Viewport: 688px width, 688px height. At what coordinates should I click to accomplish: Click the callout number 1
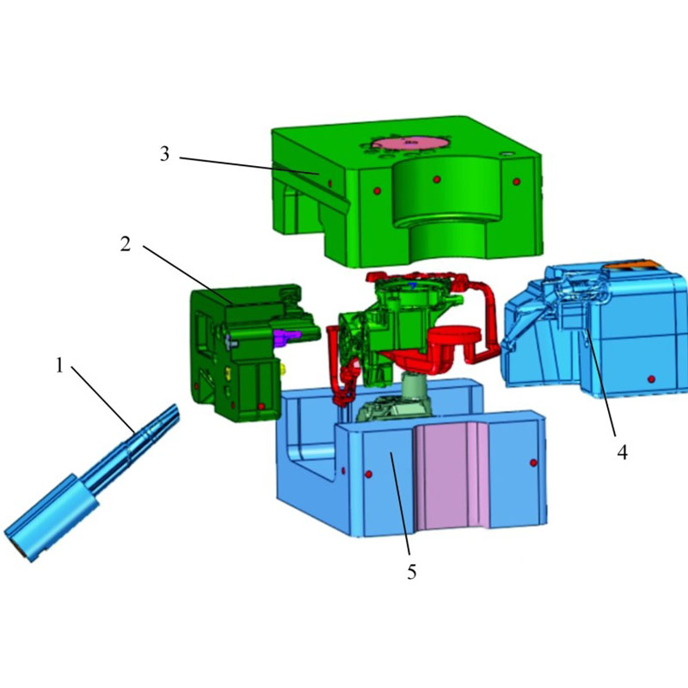pos(59,365)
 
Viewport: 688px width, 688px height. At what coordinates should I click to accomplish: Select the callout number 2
pos(126,244)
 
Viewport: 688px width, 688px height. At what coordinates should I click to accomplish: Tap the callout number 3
pos(164,154)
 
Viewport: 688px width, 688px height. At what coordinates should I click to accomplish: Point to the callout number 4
pos(622,452)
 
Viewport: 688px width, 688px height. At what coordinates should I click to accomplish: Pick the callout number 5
pos(412,572)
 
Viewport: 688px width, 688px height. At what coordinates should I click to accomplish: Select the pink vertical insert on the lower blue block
pos(452,476)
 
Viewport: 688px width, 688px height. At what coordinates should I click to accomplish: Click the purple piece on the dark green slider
pos(286,337)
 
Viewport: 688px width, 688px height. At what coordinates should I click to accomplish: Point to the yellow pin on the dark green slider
pos(283,369)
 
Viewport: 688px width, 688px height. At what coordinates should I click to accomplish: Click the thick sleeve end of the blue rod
pos(52,518)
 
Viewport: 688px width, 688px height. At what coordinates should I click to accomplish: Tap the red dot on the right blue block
pos(651,379)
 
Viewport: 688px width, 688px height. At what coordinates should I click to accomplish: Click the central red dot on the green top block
pos(437,179)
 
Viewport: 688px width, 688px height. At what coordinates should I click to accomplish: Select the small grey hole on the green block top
pos(507,154)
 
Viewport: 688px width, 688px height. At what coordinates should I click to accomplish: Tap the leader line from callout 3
pos(249,165)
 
